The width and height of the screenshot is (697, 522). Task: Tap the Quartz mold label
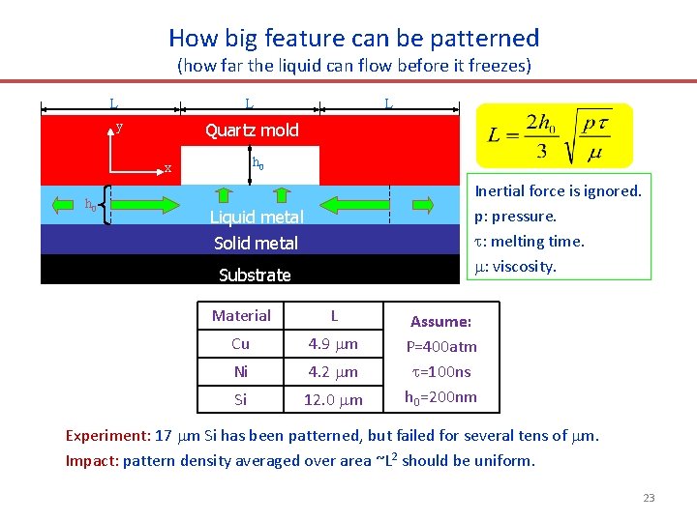point(252,130)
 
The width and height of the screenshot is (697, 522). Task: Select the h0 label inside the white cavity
point(258,163)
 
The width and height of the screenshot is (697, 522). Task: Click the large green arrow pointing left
point(355,204)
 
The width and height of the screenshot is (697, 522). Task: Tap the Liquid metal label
point(257,217)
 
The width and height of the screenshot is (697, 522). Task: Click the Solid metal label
point(256,244)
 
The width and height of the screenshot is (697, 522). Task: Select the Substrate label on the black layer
point(255,275)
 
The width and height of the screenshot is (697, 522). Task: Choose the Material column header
point(241,315)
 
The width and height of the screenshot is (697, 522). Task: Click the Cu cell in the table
point(241,343)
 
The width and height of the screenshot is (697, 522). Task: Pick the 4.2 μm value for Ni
point(333,371)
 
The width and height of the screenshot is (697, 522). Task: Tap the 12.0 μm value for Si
point(333,399)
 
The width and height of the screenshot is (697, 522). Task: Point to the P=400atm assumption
point(440,346)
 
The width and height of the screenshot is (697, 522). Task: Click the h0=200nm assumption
point(440,396)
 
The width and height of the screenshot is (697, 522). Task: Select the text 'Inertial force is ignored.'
point(557,191)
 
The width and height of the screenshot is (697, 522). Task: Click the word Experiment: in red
point(101,436)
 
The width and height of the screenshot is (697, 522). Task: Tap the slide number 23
point(648,498)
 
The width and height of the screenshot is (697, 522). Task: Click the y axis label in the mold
point(119,127)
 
